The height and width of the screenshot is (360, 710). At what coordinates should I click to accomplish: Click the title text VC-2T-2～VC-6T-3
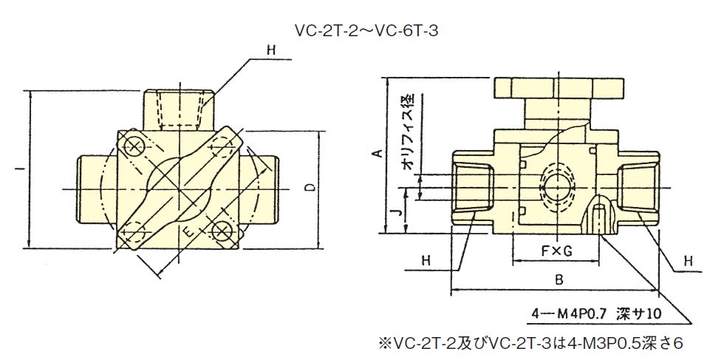[x=366, y=31]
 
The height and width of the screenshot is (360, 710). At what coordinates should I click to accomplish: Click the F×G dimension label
[x=556, y=251]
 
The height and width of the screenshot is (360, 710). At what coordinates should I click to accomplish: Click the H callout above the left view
[x=271, y=50]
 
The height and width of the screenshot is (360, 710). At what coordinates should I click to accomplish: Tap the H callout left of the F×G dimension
[x=426, y=260]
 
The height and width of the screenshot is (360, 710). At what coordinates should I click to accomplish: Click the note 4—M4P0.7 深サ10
[x=596, y=313]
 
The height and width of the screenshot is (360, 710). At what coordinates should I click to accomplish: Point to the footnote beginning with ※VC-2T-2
[x=530, y=343]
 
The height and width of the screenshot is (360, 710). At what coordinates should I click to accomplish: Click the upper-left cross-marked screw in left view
[x=134, y=146]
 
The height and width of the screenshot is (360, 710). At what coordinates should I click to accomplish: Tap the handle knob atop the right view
[x=559, y=88]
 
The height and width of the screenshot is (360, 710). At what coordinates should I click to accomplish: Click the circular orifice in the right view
[x=558, y=187]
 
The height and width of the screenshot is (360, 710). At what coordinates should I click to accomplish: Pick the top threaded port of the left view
[x=180, y=109]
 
